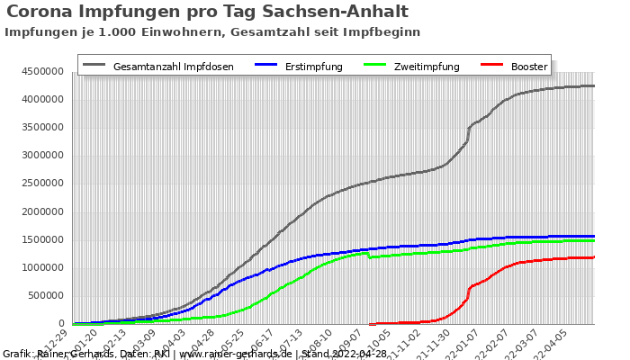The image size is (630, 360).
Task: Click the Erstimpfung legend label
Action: click(x=309, y=67)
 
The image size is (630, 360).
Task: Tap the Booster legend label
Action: click(x=528, y=67)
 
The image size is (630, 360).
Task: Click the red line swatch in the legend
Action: click(x=490, y=66)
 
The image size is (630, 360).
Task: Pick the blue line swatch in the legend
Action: click(x=265, y=66)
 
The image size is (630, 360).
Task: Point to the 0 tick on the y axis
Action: click(x=61, y=323)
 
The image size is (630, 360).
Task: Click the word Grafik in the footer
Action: click(x=17, y=354)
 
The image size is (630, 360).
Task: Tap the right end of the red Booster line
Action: click(x=594, y=256)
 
